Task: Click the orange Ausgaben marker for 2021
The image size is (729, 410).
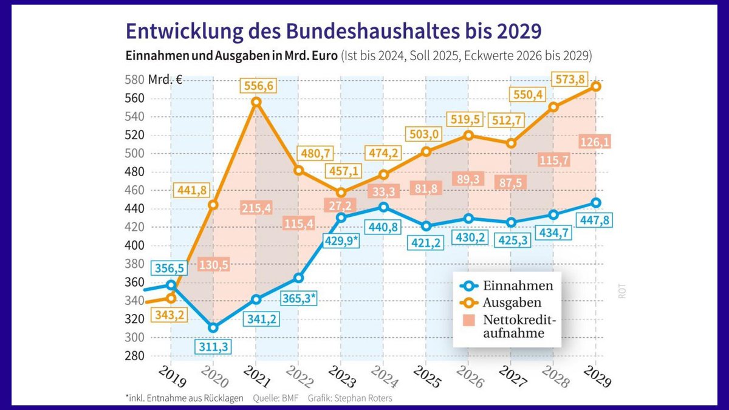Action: point(256,102)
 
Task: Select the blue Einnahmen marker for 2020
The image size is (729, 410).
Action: point(213,328)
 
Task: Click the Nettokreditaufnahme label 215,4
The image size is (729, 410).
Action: point(256,208)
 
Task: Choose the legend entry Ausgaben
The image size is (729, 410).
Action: point(512,302)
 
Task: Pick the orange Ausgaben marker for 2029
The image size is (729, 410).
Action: point(597,86)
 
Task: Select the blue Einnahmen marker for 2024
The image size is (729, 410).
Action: point(384,207)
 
